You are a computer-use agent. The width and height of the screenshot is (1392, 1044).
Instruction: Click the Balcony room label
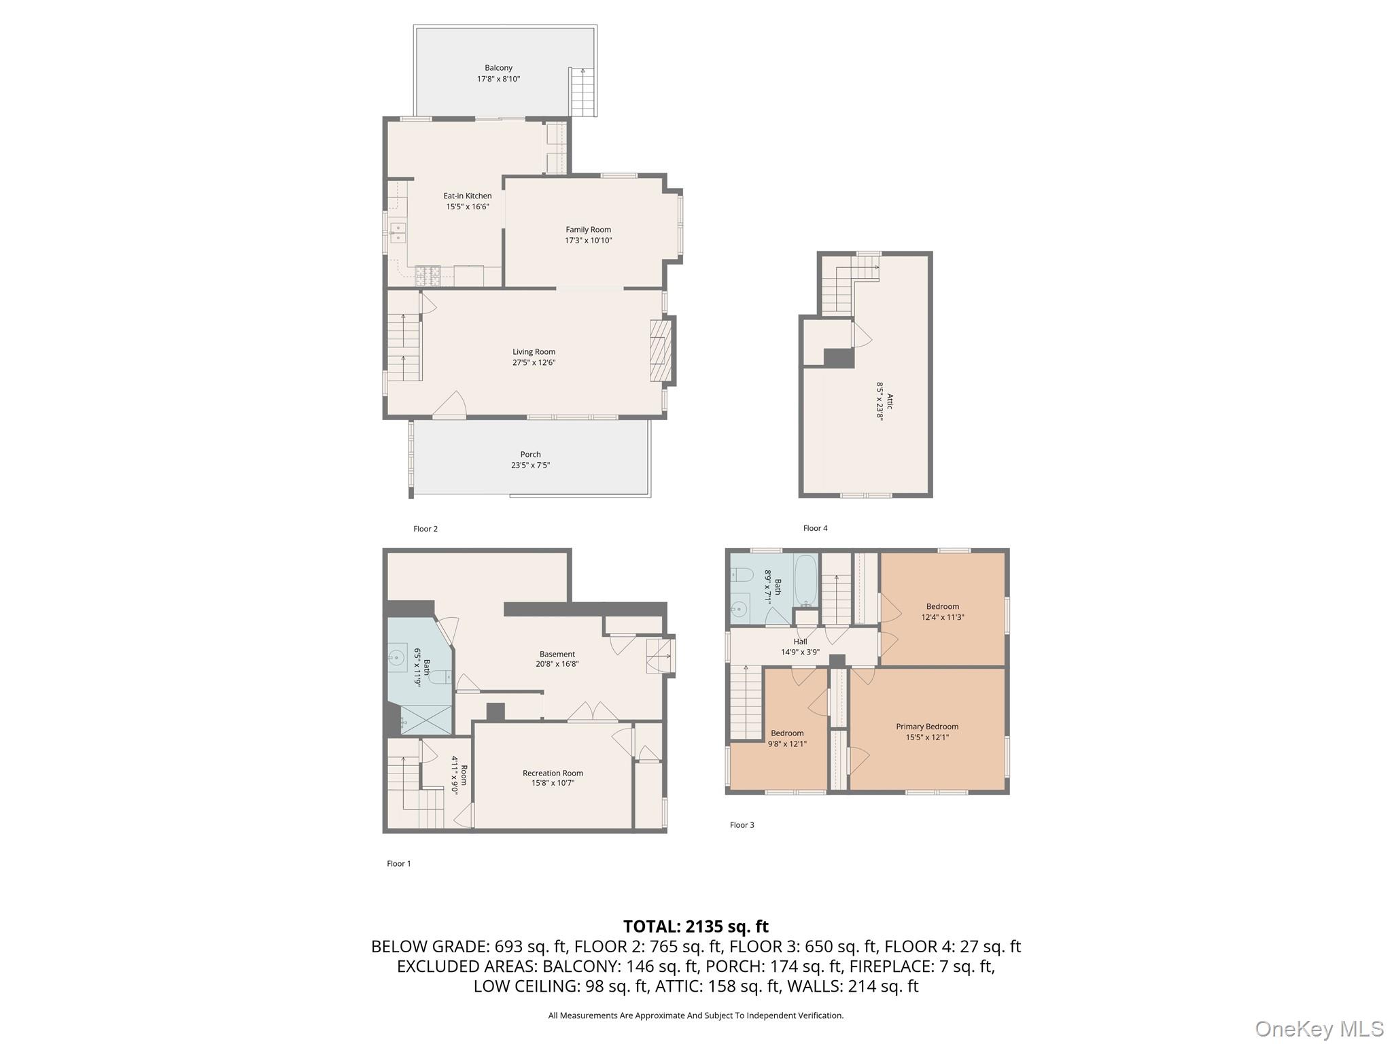click(498, 68)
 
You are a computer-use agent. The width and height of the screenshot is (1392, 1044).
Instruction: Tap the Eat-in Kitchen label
click(468, 196)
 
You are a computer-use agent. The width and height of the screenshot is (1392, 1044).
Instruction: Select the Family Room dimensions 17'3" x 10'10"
click(589, 241)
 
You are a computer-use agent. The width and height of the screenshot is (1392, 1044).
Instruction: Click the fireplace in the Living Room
click(661, 351)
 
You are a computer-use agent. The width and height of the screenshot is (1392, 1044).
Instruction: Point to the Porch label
click(531, 455)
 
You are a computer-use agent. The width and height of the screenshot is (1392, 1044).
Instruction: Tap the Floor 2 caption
click(425, 529)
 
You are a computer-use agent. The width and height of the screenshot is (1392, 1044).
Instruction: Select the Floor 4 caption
click(816, 528)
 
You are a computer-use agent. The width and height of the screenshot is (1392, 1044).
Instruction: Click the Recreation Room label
click(553, 773)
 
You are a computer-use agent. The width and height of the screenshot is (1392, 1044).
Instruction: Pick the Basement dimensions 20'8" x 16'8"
click(557, 665)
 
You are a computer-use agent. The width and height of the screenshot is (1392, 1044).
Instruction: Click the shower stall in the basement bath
click(426, 720)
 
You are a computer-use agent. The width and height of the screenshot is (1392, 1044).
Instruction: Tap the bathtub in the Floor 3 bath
click(806, 581)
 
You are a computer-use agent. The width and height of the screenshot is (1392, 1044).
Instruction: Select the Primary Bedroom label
click(927, 727)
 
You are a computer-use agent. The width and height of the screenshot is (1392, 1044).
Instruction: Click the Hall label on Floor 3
click(800, 642)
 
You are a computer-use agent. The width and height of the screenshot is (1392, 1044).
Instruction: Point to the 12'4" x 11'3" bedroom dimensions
click(943, 618)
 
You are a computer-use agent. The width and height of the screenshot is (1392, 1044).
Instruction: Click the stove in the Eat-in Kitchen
click(428, 275)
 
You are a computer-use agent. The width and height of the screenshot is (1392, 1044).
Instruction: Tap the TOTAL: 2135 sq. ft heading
click(696, 926)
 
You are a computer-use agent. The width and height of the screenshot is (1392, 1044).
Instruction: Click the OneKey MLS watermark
click(1319, 1028)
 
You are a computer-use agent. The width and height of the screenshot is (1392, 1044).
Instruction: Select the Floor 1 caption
click(399, 864)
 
